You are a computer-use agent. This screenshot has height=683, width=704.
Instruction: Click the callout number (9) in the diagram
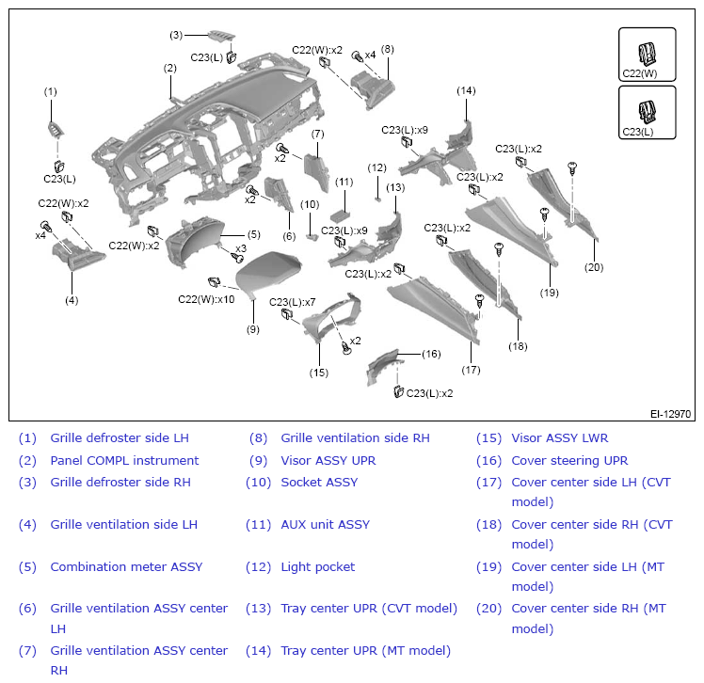pos(253,329)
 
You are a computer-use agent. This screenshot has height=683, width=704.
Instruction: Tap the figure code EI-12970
pos(670,414)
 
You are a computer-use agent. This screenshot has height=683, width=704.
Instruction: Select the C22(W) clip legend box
pos(647,55)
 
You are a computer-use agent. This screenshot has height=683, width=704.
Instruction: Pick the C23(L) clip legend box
pos(647,113)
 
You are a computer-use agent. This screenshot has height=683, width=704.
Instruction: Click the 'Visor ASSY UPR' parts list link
pos(328,460)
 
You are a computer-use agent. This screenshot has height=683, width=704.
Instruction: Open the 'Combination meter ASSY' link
pos(126,566)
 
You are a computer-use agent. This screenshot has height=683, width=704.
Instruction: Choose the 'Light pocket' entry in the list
pos(318,566)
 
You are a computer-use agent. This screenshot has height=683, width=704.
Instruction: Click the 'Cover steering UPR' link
pos(569,460)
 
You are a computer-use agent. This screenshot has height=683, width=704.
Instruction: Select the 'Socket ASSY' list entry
pos(319,482)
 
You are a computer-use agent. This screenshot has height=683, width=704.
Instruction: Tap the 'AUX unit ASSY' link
pos(325,524)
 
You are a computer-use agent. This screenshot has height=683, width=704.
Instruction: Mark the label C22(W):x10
pos(206,299)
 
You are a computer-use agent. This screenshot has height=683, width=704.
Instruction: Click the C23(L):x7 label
pos(293,302)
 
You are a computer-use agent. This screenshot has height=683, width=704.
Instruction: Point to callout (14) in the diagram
pos(466,90)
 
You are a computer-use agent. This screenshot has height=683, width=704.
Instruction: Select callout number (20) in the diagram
pos(594,267)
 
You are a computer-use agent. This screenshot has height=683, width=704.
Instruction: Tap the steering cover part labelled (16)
pos(383,366)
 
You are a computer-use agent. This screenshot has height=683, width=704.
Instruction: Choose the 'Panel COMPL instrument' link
pos(124,460)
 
